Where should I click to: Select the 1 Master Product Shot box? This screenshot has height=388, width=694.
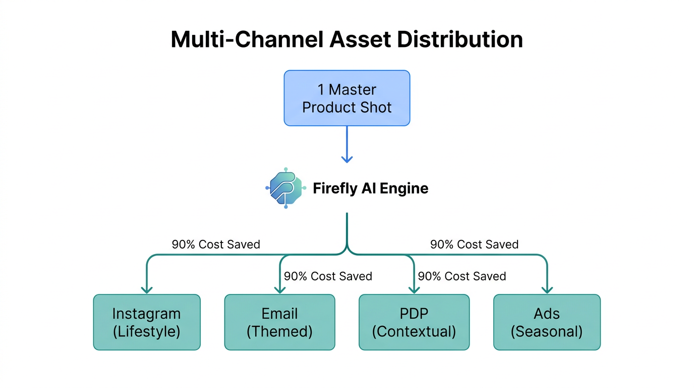click(x=347, y=98)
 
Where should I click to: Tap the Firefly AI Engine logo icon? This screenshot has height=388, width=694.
click(x=285, y=188)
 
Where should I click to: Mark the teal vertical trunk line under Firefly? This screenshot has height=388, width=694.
click(x=347, y=230)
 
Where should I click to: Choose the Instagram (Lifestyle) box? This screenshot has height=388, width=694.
click(x=147, y=322)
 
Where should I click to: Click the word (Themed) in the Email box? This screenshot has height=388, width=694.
click(x=279, y=331)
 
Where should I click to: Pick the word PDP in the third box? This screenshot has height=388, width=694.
click(x=414, y=313)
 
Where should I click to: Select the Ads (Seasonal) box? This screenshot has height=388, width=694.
click(x=547, y=322)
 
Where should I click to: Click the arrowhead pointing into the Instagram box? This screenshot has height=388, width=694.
click(x=147, y=289)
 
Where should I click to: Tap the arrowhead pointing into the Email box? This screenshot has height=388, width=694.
click(x=280, y=289)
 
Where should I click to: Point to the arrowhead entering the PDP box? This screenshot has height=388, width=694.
click(x=414, y=289)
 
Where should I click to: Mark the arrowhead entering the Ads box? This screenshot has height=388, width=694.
click(x=547, y=289)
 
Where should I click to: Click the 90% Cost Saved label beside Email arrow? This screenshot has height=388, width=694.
click(x=328, y=276)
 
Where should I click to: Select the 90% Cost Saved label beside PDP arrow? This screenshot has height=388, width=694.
click(x=461, y=276)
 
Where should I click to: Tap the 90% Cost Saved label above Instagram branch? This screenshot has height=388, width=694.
click(x=216, y=245)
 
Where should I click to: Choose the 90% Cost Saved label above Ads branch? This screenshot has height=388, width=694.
click(x=474, y=245)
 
